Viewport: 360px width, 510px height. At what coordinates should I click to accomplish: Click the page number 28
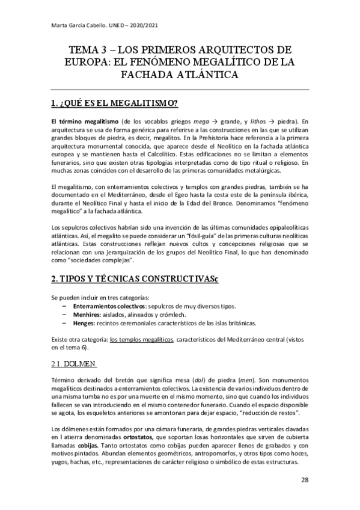305,480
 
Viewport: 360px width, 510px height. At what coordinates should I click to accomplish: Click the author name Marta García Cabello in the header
75,25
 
